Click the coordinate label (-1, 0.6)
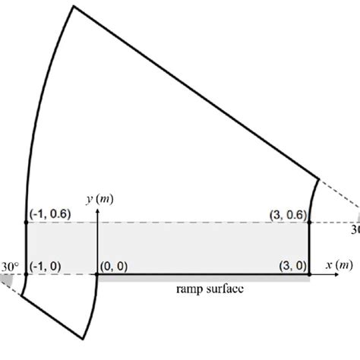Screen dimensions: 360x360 click(50, 214)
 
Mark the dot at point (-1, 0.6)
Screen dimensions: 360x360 click(27, 223)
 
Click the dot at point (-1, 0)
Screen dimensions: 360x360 click(27, 274)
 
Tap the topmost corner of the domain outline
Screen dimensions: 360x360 click(74, 6)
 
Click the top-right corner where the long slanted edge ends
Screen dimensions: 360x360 click(320, 176)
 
